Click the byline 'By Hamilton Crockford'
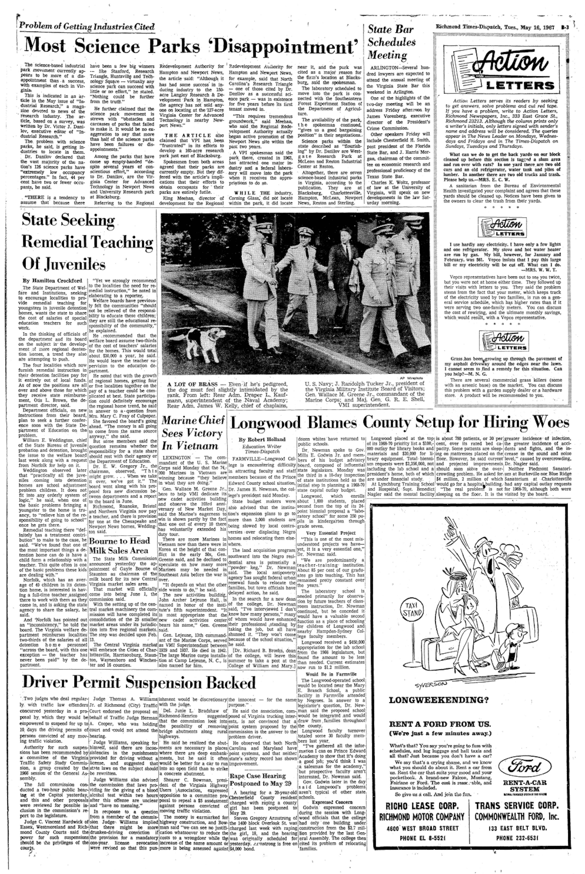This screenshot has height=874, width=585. point(52,280)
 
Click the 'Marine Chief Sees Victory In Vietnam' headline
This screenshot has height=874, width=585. point(192,433)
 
